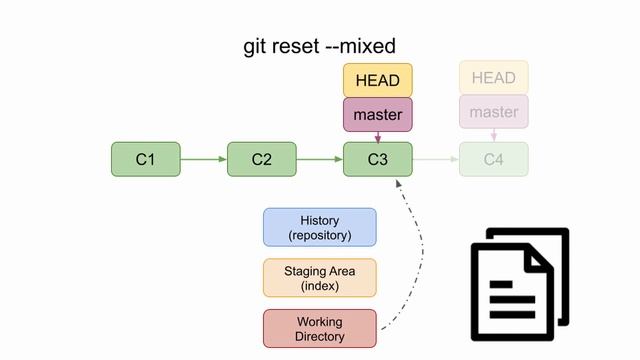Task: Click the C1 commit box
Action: [146, 159]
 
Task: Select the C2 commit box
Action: [262, 159]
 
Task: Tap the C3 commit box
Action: [378, 159]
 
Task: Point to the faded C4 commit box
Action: [493, 159]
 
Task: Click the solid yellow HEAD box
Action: [378, 80]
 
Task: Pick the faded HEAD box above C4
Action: [493, 78]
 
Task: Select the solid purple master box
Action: [378, 114]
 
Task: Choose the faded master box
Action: [493, 112]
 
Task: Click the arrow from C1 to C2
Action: [204, 159]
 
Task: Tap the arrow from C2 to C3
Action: [320, 159]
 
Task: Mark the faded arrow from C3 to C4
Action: [436, 159]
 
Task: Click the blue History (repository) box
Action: [320, 227]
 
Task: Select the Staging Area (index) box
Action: [320, 278]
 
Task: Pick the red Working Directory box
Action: [320, 328]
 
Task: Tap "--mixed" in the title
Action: [363, 46]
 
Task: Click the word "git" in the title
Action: [257, 46]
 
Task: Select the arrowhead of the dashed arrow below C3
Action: [399, 184]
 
